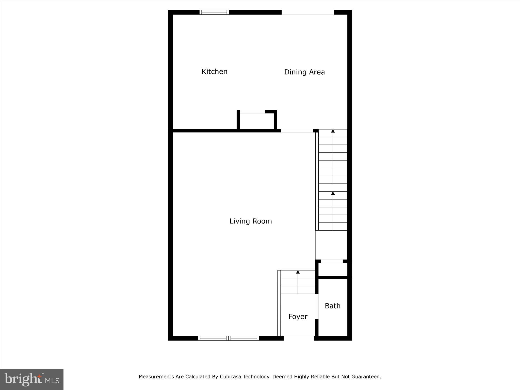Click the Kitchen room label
214,72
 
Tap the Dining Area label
304,72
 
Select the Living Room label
251,221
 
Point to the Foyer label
298,317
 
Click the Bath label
332,306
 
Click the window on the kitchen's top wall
214,12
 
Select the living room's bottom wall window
228,338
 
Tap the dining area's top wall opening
308,12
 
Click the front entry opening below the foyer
299,338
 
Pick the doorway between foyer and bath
317,306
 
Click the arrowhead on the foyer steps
298,272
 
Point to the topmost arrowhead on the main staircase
333,131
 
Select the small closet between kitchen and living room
257,121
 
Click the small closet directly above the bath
333,269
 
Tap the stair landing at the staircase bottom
331,245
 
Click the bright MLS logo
32,379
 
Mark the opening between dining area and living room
297,131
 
